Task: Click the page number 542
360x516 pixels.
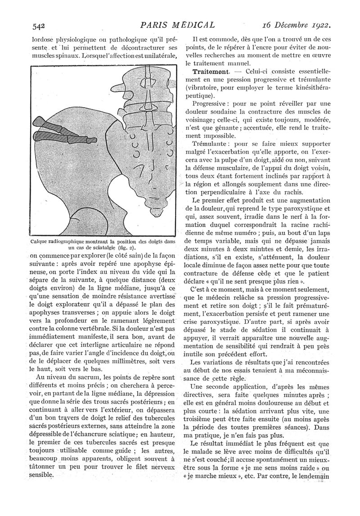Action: (40, 25)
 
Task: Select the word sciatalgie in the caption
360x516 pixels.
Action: (101, 248)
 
